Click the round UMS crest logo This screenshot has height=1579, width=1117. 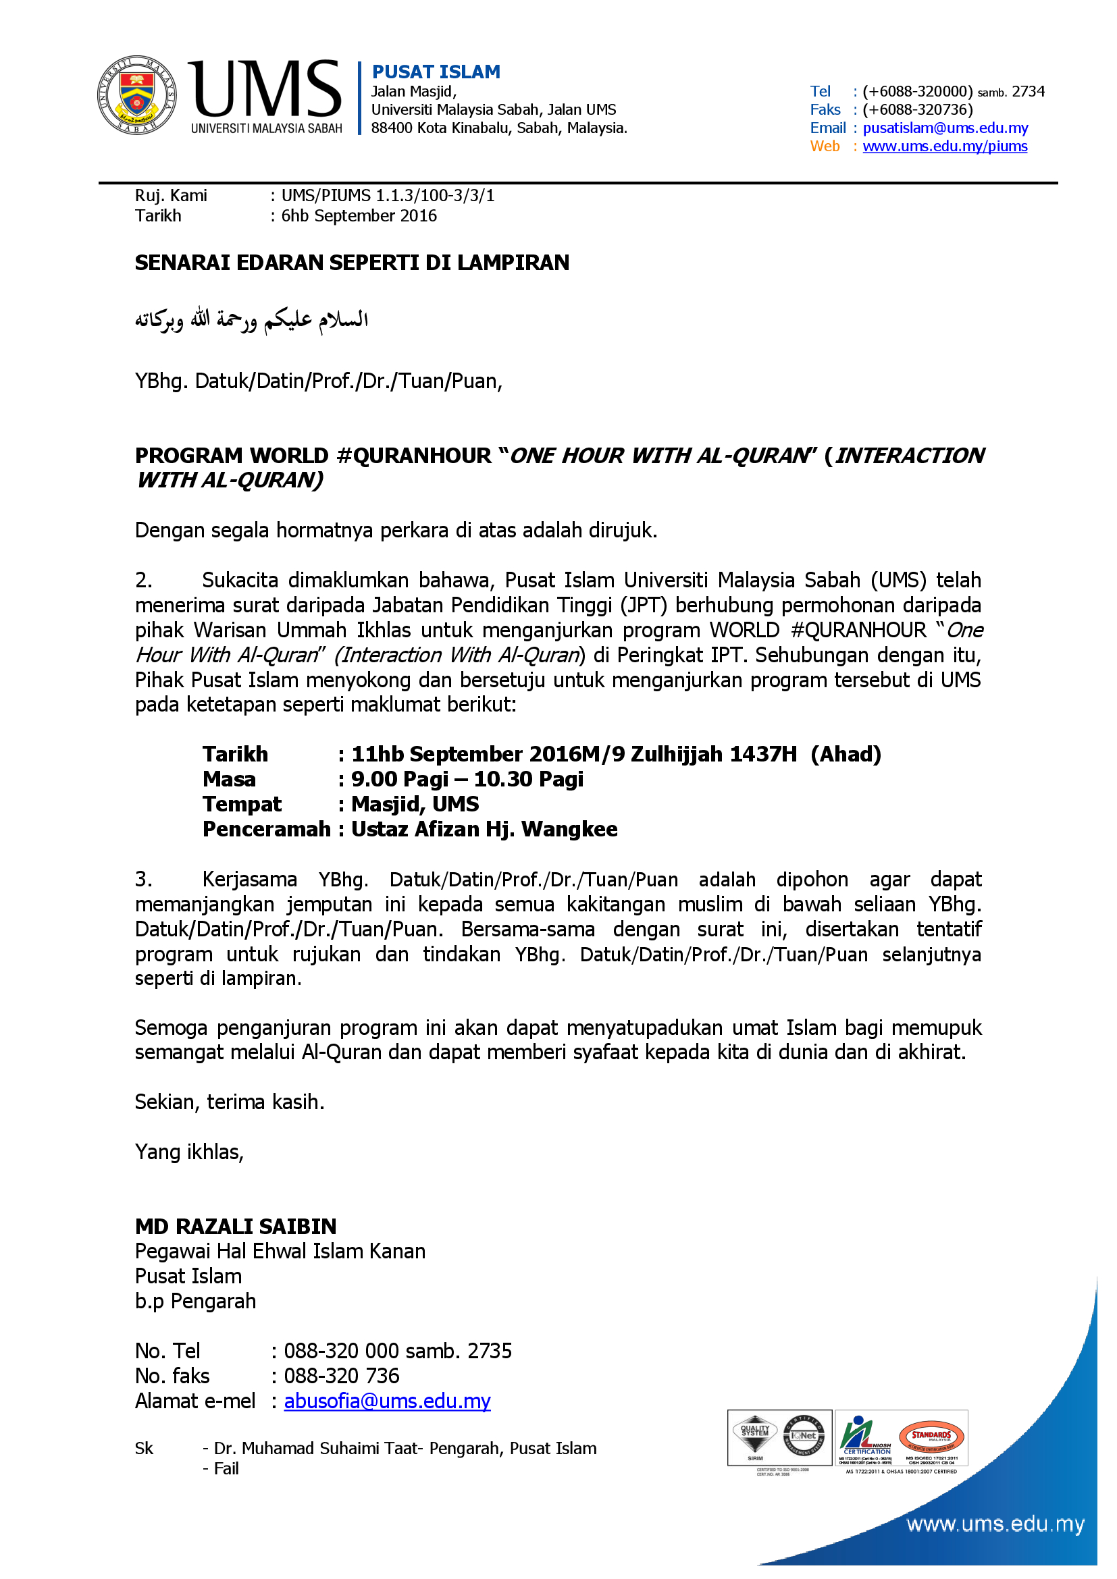tap(136, 95)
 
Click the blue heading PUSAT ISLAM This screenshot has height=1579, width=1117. tap(436, 72)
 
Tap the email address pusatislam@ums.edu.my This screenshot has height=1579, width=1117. tap(945, 128)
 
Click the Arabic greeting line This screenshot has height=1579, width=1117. tap(251, 320)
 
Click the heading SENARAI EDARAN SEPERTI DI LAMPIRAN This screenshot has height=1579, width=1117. tap(351, 263)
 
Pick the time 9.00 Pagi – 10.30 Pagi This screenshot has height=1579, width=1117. tap(467, 779)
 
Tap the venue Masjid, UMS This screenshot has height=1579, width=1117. tap(415, 804)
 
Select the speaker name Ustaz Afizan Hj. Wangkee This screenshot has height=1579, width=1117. tap(484, 830)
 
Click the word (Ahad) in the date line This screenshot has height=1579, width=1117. tap(846, 755)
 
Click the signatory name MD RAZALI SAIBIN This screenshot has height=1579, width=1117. tap(235, 1226)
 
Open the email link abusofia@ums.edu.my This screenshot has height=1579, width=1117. tap(387, 1401)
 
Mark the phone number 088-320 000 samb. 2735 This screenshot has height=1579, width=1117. tap(398, 1351)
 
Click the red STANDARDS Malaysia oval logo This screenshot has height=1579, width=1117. tap(931, 1436)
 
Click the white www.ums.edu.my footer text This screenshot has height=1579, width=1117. tap(995, 1525)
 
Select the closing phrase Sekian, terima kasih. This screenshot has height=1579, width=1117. tap(229, 1102)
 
